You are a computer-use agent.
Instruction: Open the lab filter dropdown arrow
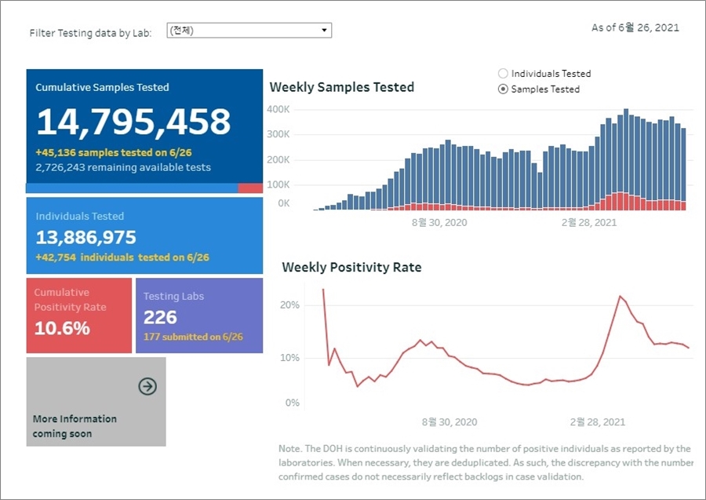(x=324, y=31)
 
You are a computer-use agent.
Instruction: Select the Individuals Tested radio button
(x=504, y=73)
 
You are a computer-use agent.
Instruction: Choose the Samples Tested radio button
(x=504, y=89)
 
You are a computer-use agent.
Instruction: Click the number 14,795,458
(x=133, y=122)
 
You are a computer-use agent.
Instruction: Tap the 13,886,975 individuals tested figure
(x=86, y=237)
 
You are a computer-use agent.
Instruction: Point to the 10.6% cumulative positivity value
(x=62, y=328)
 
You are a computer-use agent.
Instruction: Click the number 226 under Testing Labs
(x=160, y=317)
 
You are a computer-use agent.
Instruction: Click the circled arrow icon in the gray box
(x=147, y=386)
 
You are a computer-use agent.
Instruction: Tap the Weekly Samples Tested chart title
(x=341, y=87)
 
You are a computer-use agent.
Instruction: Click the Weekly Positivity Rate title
(x=351, y=268)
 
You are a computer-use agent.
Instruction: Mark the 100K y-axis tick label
(x=279, y=184)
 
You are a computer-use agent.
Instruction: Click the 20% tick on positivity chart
(x=290, y=305)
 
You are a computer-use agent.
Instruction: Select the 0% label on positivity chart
(x=292, y=403)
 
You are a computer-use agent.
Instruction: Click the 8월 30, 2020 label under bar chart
(x=439, y=222)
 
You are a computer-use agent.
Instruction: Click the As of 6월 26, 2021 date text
(x=635, y=27)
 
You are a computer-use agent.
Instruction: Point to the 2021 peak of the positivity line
(x=620, y=296)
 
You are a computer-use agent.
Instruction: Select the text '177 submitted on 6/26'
(x=193, y=337)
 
